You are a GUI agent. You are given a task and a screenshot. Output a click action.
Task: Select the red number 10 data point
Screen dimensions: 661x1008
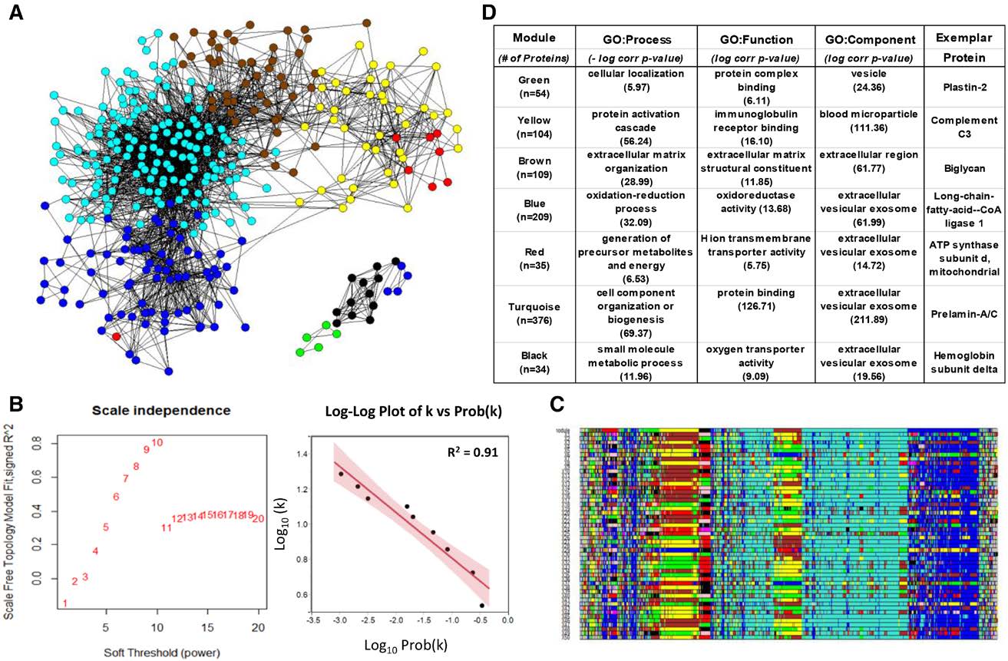tap(157, 442)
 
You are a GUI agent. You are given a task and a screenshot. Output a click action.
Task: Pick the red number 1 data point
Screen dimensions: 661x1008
tap(65, 603)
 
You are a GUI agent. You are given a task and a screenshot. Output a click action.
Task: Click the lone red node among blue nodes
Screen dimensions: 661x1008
tap(115, 335)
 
